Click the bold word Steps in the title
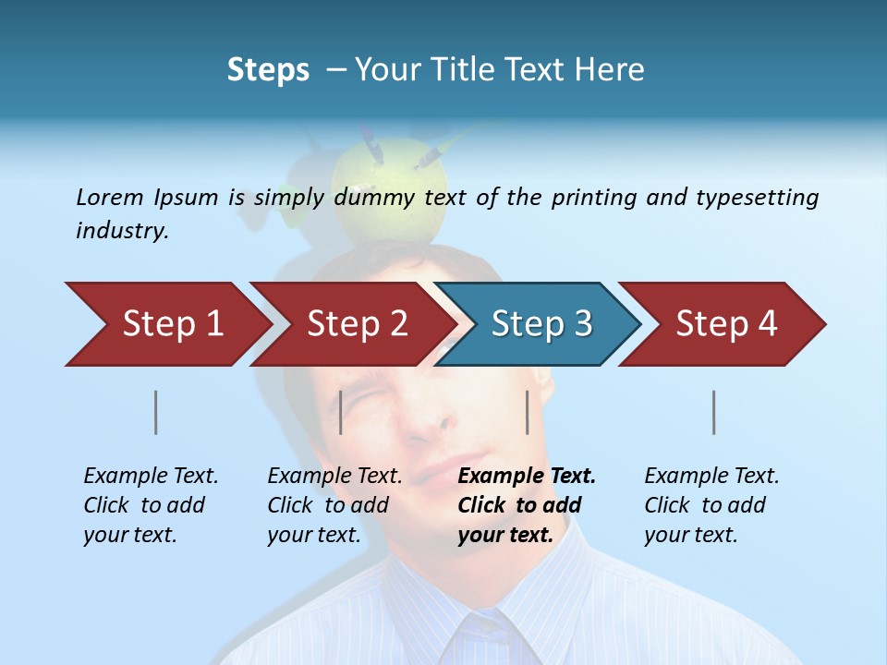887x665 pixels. point(268,70)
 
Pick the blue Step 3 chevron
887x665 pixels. point(541,324)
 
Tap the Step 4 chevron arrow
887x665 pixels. point(726,324)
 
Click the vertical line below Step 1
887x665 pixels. point(156,412)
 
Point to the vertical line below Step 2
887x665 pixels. point(341,412)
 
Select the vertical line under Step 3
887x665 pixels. point(528,412)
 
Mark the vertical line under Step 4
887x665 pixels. point(714,412)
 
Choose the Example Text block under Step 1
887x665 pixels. point(151,504)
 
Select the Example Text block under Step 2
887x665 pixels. point(334,504)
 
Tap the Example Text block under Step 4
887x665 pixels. point(711,504)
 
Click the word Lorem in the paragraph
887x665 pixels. point(110,197)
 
